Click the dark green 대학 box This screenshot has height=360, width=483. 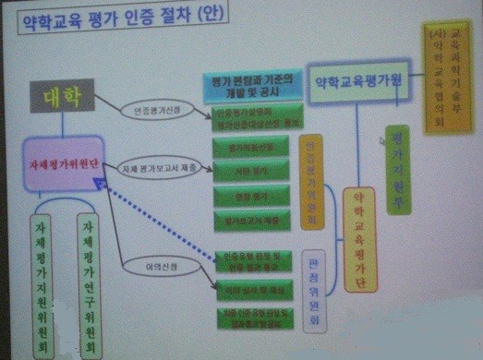click(x=64, y=98)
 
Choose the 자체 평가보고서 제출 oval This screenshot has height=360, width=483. click(x=164, y=168)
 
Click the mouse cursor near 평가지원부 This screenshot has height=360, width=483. click(x=380, y=140)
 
